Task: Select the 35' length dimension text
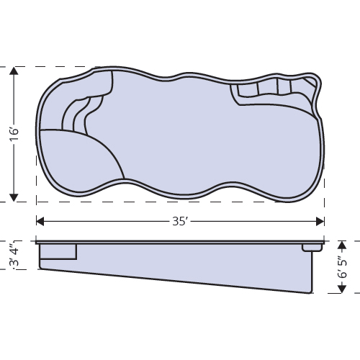pyautogui.click(x=180, y=221)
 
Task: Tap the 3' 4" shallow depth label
pyautogui.click(x=14, y=255)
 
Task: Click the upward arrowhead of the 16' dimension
pyautogui.click(x=14, y=71)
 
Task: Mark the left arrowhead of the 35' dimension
pyautogui.click(x=40, y=221)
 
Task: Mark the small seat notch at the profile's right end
pyautogui.click(x=311, y=247)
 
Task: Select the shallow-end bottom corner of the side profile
pyautogui.click(x=41, y=269)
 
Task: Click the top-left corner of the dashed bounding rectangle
pyautogui.click(x=36, y=67)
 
